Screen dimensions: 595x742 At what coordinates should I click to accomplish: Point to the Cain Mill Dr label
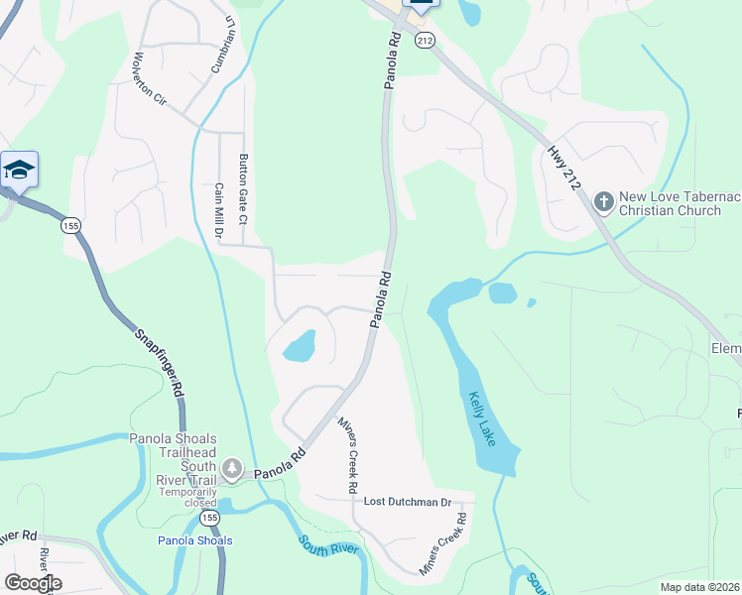click(x=219, y=209)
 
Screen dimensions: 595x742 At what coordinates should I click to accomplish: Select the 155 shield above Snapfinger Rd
click(x=71, y=226)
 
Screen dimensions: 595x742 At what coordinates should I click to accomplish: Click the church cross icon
click(x=603, y=202)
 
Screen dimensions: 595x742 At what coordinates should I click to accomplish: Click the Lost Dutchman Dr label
click(x=407, y=503)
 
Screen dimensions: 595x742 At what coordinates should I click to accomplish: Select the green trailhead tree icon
click(x=232, y=467)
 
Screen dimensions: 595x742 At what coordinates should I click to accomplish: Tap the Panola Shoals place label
click(x=194, y=540)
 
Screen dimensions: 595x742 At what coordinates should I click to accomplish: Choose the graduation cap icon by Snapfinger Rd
click(x=19, y=171)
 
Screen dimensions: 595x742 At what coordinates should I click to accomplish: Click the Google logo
click(x=33, y=583)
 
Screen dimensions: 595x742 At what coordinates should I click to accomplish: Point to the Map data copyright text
click(x=699, y=587)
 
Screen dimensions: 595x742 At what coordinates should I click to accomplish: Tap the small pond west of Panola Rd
click(x=300, y=347)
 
